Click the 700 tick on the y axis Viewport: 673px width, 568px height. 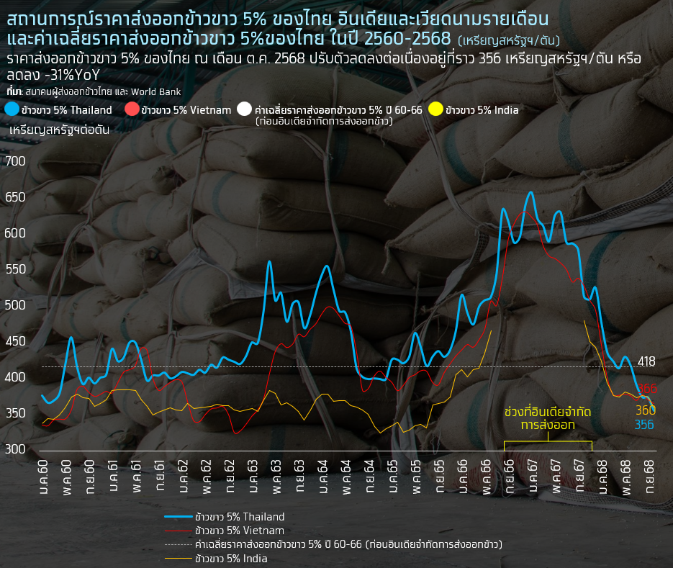point(15,161)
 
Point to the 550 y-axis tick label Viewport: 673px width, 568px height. point(15,269)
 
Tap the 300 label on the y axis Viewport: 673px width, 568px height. point(15,449)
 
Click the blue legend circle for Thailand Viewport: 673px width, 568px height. point(12,109)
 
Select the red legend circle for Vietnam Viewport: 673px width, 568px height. point(132,109)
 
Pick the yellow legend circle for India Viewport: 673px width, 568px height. point(435,109)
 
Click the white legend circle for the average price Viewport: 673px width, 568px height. point(245,109)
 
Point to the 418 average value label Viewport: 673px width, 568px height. point(646,361)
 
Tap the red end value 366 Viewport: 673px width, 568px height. point(648,389)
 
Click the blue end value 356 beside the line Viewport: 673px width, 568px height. point(645,425)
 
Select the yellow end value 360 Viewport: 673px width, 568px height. point(646,410)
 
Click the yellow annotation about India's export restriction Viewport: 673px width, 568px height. point(548,418)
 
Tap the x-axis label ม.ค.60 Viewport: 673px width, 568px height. point(44,476)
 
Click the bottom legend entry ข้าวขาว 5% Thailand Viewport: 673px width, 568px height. point(240,517)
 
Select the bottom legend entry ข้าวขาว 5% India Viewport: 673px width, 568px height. point(231,558)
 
